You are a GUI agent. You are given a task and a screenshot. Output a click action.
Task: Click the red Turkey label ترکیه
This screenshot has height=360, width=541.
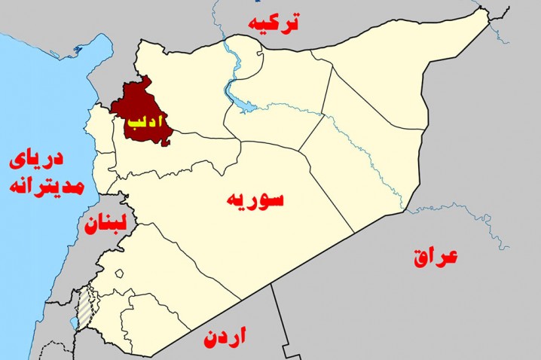276,23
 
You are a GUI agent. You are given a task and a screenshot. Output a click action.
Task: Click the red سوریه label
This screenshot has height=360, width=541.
254,200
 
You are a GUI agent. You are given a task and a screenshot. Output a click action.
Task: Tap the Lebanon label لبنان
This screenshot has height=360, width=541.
104,224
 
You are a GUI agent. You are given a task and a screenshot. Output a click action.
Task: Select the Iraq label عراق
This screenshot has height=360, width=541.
436,257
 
